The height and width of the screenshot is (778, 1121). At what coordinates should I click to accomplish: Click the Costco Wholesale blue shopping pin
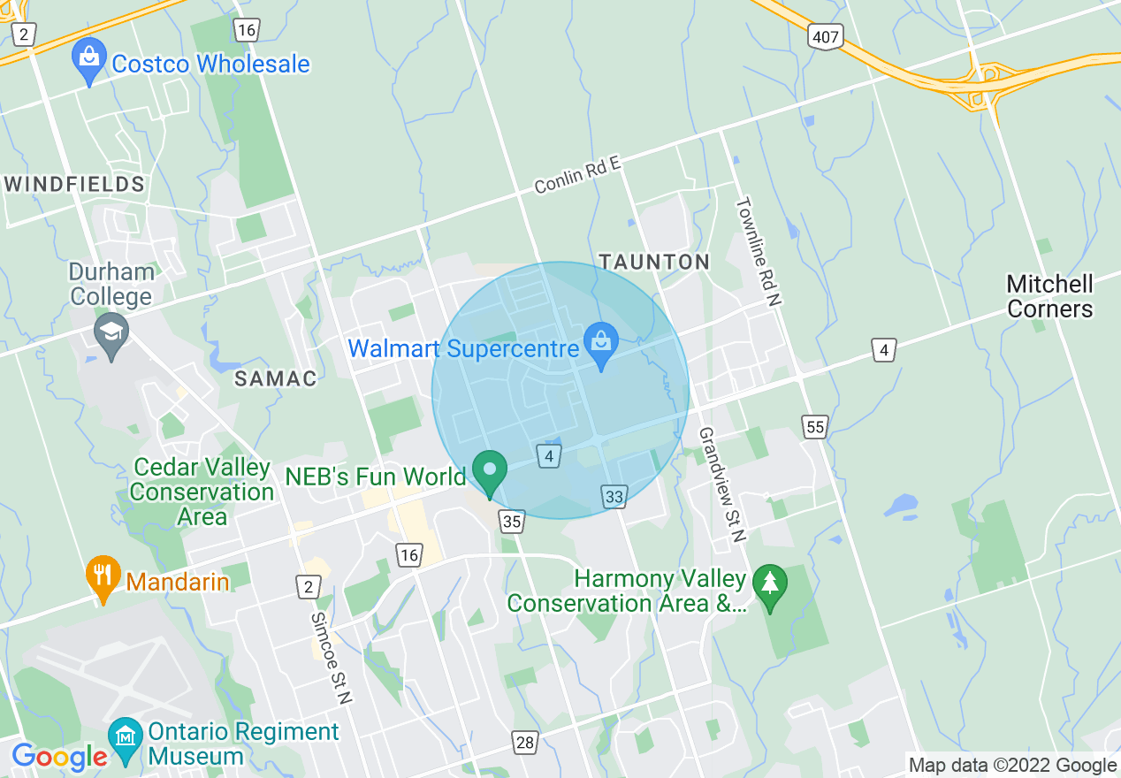click(88, 59)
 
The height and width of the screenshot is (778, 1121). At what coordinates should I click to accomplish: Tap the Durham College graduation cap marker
click(112, 332)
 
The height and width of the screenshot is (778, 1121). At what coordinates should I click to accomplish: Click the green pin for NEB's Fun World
click(489, 470)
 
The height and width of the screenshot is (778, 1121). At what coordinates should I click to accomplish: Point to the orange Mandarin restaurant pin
click(103, 576)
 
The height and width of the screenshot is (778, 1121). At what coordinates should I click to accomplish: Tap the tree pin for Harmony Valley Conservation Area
click(769, 585)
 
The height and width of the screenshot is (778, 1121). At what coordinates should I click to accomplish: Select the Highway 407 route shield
click(825, 36)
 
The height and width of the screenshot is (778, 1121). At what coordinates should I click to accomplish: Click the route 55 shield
click(815, 428)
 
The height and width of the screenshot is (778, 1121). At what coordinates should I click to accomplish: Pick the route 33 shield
click(614, 497)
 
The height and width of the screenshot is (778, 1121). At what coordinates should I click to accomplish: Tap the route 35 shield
click(511, 521)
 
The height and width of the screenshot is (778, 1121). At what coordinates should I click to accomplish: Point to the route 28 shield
click(525, 742)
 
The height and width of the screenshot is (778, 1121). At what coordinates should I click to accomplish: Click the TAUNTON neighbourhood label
click(654, 262)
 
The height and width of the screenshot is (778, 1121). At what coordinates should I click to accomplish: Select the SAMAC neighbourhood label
click(275, 378)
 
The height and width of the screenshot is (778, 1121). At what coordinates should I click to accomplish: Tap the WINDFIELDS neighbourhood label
click(74, 184)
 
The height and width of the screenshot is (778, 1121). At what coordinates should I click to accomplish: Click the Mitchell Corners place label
click(1049, 296)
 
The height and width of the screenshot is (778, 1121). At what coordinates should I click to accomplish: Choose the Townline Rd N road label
click(759, 251)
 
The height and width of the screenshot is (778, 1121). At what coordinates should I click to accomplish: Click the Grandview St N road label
click(722, 484)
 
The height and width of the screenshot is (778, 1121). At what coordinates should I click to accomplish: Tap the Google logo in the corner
click(59, 757)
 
